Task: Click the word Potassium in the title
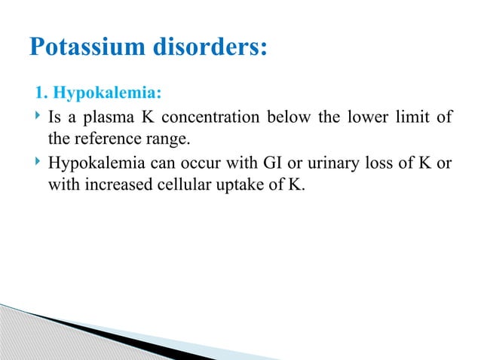[82, 47]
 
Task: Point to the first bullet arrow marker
[36, 117]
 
